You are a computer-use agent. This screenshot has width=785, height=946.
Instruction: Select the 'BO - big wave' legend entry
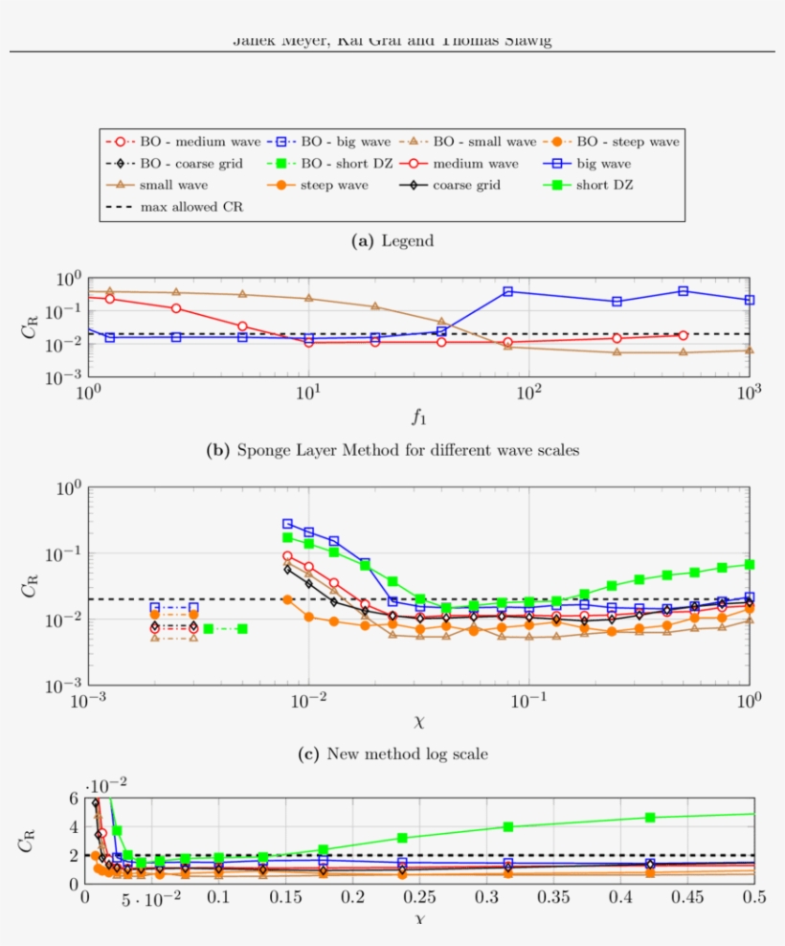(x=316, y=142)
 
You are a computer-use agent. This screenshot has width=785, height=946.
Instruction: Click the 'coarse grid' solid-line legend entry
(x=464, y=185)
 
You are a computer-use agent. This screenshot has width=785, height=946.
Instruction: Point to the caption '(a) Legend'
(x=392, y=241)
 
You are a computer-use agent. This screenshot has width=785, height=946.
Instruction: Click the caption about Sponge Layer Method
(x=392, y=449)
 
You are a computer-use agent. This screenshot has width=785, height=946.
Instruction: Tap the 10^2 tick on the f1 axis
(x=528, y=393)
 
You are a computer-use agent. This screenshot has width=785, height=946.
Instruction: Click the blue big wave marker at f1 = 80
(x=508, y=291)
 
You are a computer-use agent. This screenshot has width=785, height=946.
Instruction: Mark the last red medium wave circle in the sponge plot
(x=683, y=335)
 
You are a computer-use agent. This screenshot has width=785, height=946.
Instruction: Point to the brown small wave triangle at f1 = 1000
(x=749, y=350)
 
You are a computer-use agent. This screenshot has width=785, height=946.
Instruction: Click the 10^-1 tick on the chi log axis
(x=528, y=702)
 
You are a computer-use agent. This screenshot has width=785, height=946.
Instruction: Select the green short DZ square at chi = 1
(x=749, y=565)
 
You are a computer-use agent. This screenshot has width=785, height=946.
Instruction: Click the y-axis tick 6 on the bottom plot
(x=73, y=799)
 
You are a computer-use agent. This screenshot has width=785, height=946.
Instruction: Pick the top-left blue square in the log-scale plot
(x=287, y=524)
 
